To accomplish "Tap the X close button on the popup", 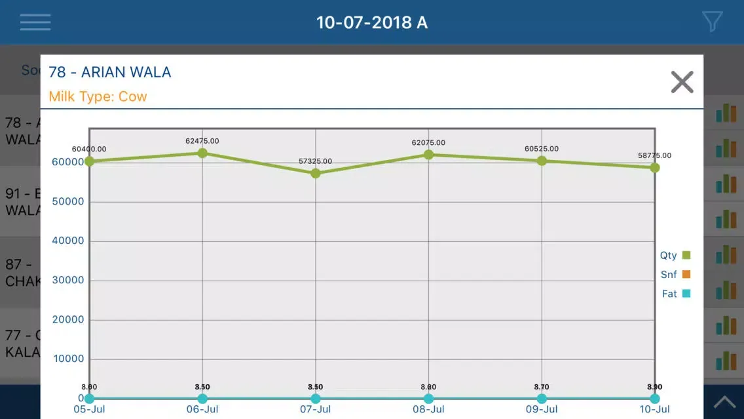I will (682, 83).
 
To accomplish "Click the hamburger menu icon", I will (35, 22).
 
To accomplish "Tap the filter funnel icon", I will (712, 22).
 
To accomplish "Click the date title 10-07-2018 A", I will (371, 22).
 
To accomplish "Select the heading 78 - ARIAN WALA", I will (110, 72).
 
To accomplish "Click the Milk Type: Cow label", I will (98, 96).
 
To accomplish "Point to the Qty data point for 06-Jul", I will (202, 153).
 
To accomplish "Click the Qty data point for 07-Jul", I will (316, 173).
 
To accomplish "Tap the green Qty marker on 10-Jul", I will (654, 167).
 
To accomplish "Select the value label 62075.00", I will (428, 142).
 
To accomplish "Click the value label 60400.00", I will (89, 149).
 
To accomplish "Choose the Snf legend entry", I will (675, 274).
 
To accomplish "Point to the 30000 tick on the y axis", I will (67, 280).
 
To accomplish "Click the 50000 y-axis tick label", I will (67, 201).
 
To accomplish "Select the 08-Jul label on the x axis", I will (428, 409).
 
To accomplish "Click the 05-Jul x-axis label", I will (89, 409).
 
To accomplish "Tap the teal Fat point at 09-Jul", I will (542, 399).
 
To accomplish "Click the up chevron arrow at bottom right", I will (724, 402).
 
